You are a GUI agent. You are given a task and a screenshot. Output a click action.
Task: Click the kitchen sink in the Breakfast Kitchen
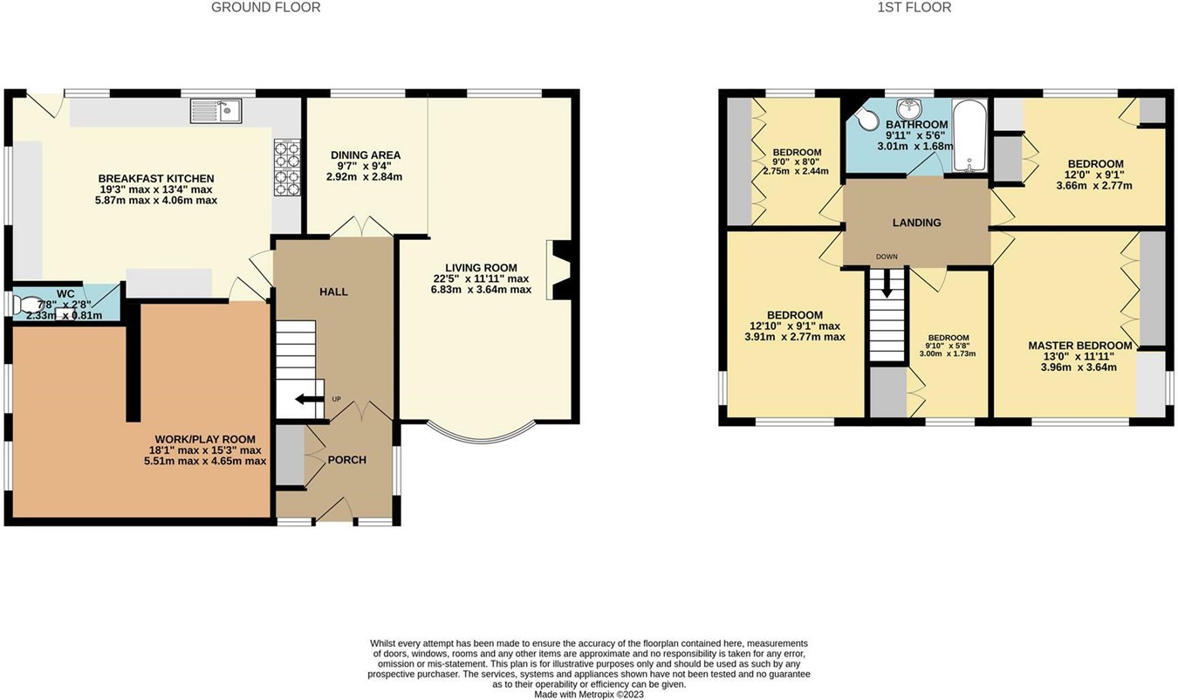point(217,111)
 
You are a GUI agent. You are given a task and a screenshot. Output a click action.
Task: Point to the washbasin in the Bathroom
point(911,107)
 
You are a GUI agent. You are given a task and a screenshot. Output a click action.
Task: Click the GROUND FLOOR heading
point(265,8)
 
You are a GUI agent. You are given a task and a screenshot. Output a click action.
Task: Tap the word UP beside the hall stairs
point(336,400)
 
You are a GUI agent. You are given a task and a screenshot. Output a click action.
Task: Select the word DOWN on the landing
point(887,257)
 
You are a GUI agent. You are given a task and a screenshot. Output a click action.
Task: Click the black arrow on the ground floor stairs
point(306,400)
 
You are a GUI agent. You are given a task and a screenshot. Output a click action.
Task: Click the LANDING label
point(916,223)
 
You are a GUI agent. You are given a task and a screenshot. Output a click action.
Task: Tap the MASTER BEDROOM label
point(1079,346)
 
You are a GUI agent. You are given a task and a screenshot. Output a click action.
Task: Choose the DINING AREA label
point(366,155)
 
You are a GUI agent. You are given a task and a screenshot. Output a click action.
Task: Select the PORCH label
point(346,460)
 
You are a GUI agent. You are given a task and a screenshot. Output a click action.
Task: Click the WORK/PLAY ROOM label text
point(205,439)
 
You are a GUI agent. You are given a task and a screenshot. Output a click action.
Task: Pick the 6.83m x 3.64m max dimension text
point(481,290)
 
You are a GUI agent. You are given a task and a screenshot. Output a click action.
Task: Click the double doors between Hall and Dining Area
point(361,229)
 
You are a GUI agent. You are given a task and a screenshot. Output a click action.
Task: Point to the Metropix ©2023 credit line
point(589,694)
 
